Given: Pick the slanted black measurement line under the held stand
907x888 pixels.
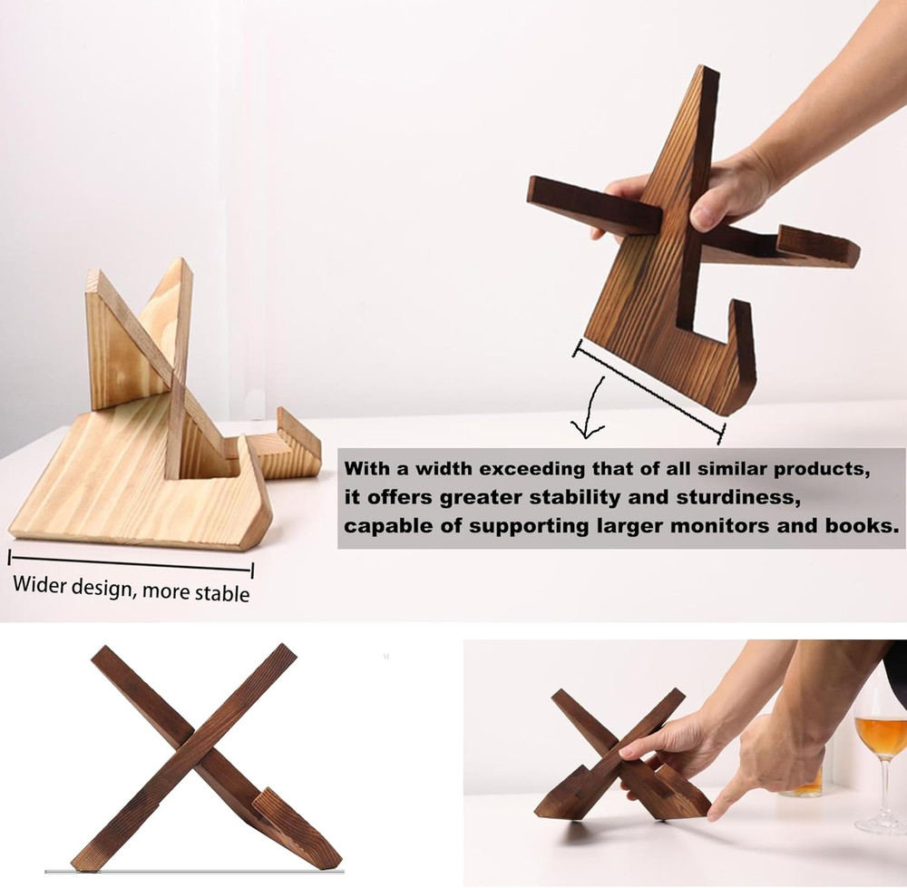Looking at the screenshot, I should pos(649,390).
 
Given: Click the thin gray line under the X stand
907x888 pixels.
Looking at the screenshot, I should pos(195,873).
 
